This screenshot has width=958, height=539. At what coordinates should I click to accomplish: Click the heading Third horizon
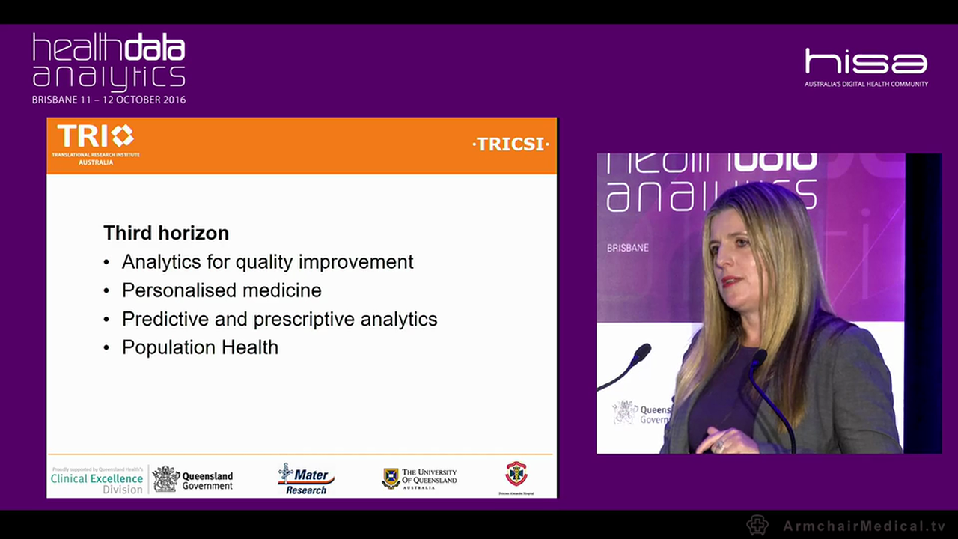click(165, 233)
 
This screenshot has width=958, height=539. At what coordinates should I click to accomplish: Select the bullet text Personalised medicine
click(222, 290)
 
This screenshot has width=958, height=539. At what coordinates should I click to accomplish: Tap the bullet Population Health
click(200, 347)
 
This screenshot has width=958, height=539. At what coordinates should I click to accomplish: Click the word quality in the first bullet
click(266, 262)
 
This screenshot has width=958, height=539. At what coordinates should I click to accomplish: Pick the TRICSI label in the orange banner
click(511, 144)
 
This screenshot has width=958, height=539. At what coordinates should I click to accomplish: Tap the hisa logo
click(866, 64)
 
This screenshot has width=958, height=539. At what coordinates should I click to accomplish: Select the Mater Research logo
click(305, 479)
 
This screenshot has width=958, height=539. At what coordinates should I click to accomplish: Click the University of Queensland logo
click(419, 478)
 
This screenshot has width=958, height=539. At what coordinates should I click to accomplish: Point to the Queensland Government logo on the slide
click(193, 479)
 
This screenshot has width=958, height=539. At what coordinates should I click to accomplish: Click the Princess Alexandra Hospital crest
click(516, 475)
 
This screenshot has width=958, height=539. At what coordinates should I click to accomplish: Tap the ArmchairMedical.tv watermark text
click(864, 526)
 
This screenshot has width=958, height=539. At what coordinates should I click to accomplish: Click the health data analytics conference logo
click(109, 61)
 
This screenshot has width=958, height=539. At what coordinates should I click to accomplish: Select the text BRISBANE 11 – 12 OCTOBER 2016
click(109, 100)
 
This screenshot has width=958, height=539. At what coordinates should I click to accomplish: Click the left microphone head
click(641, 352)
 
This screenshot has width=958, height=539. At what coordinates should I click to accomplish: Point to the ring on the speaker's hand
click(720, 446)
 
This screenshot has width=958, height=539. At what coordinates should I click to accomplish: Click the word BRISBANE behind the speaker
click(627, 247)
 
